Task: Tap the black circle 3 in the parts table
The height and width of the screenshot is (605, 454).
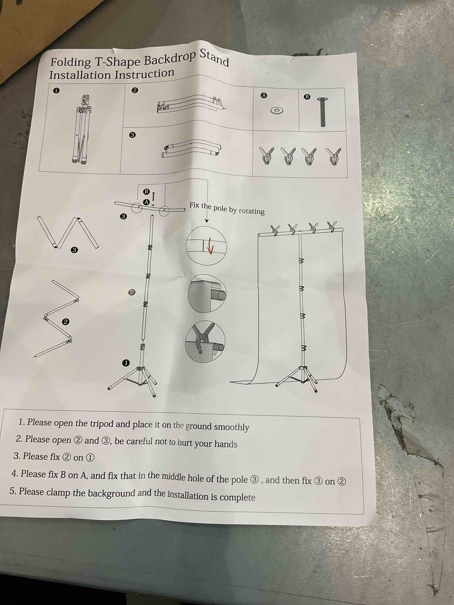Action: (132, 135)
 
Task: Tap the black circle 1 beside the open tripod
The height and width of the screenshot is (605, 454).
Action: (126, 363)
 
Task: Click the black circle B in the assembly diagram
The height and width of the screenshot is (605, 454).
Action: (147, 191)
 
